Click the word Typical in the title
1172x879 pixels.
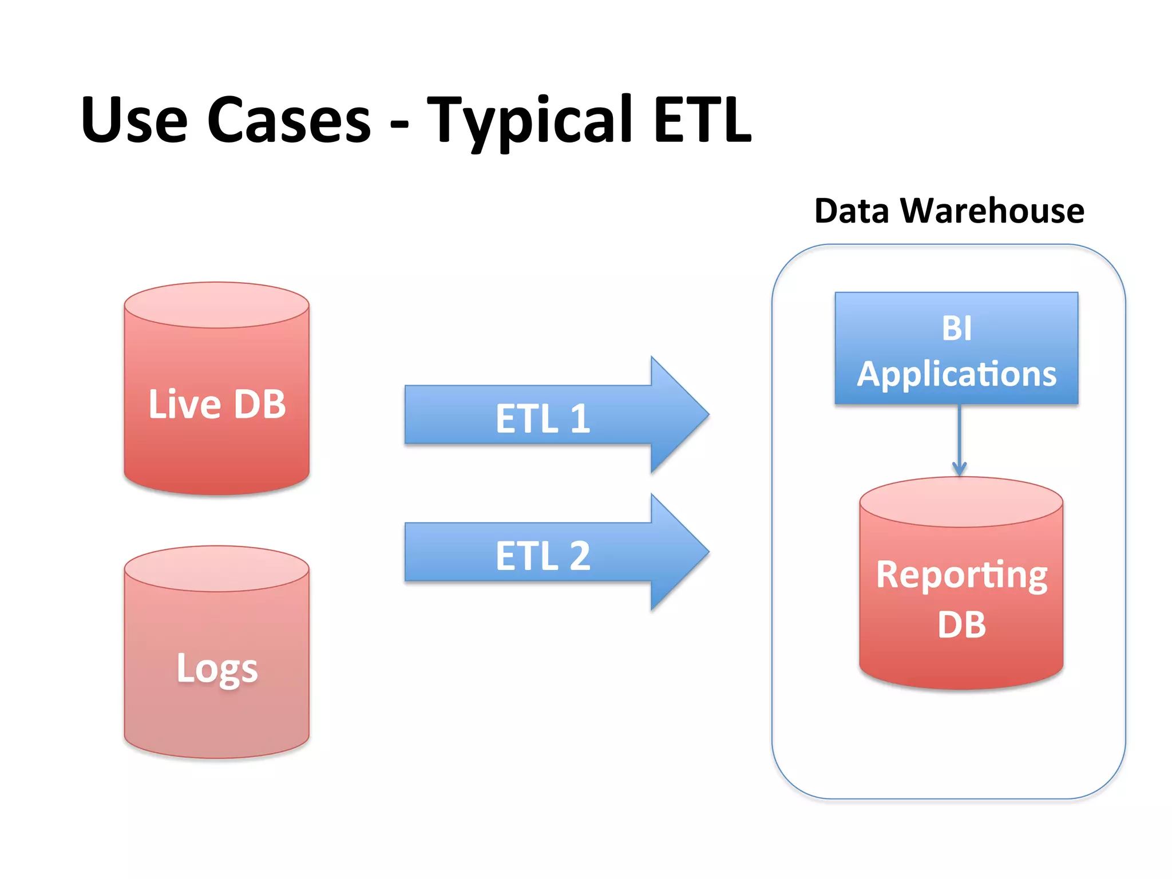point(529,120)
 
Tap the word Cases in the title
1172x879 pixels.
point(289,120)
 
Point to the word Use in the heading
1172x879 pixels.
point(134,120)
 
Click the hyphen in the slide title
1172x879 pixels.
point(399,123)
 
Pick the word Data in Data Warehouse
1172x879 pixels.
point(852,211)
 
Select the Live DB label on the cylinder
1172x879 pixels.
point(217,404)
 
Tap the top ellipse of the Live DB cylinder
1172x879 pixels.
point(217,304)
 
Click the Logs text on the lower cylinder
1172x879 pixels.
point(217,668)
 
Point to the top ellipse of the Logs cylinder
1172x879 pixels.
point(217,568)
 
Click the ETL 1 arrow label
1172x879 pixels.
point(543,418)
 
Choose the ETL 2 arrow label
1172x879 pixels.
point(543,555)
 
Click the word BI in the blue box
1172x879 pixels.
point(956,328)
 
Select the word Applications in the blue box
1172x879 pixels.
point(956,374)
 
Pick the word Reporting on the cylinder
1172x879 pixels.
point(961,575)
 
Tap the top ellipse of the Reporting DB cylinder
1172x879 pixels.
point(961,502)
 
